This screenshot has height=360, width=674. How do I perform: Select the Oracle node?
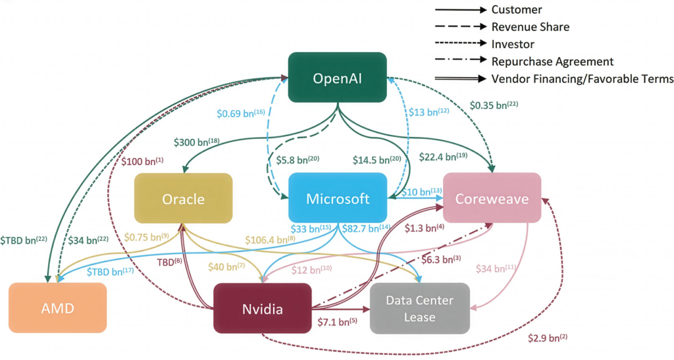pos(184,198)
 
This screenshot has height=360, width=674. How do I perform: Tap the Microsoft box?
pos(338,198)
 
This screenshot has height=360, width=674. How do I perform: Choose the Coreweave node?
pos(492,198)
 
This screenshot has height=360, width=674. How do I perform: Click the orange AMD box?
pos(58,308)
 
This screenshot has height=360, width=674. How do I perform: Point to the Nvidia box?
pos(263,308)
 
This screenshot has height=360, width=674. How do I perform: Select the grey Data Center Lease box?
pos(420,308)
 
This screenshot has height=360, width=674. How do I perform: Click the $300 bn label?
pos(196,141)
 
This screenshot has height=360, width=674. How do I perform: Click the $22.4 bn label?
pos(442,156)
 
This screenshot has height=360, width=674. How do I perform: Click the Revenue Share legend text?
pos(531,27)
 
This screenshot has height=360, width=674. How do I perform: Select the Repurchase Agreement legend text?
pos(552,61)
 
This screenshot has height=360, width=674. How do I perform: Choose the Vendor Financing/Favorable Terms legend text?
pos(582,78)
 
